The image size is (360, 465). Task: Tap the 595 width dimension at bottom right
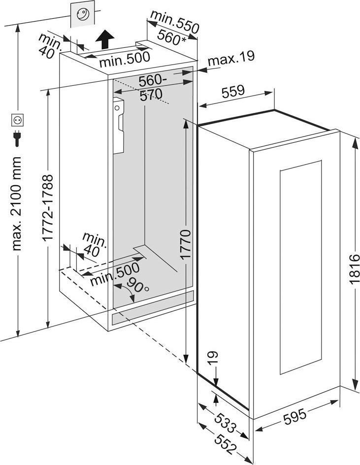click(x=295, y=416)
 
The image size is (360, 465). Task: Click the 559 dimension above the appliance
click(x=233, y=92)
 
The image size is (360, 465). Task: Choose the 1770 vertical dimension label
click(x=186, y=244)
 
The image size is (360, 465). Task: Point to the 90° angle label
click(x=137, y=285)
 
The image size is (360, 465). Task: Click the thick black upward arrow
click(x=105, y=38)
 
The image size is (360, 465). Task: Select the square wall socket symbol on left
click(x=17, y=120)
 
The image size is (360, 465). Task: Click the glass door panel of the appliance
click(x=300, y=266)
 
